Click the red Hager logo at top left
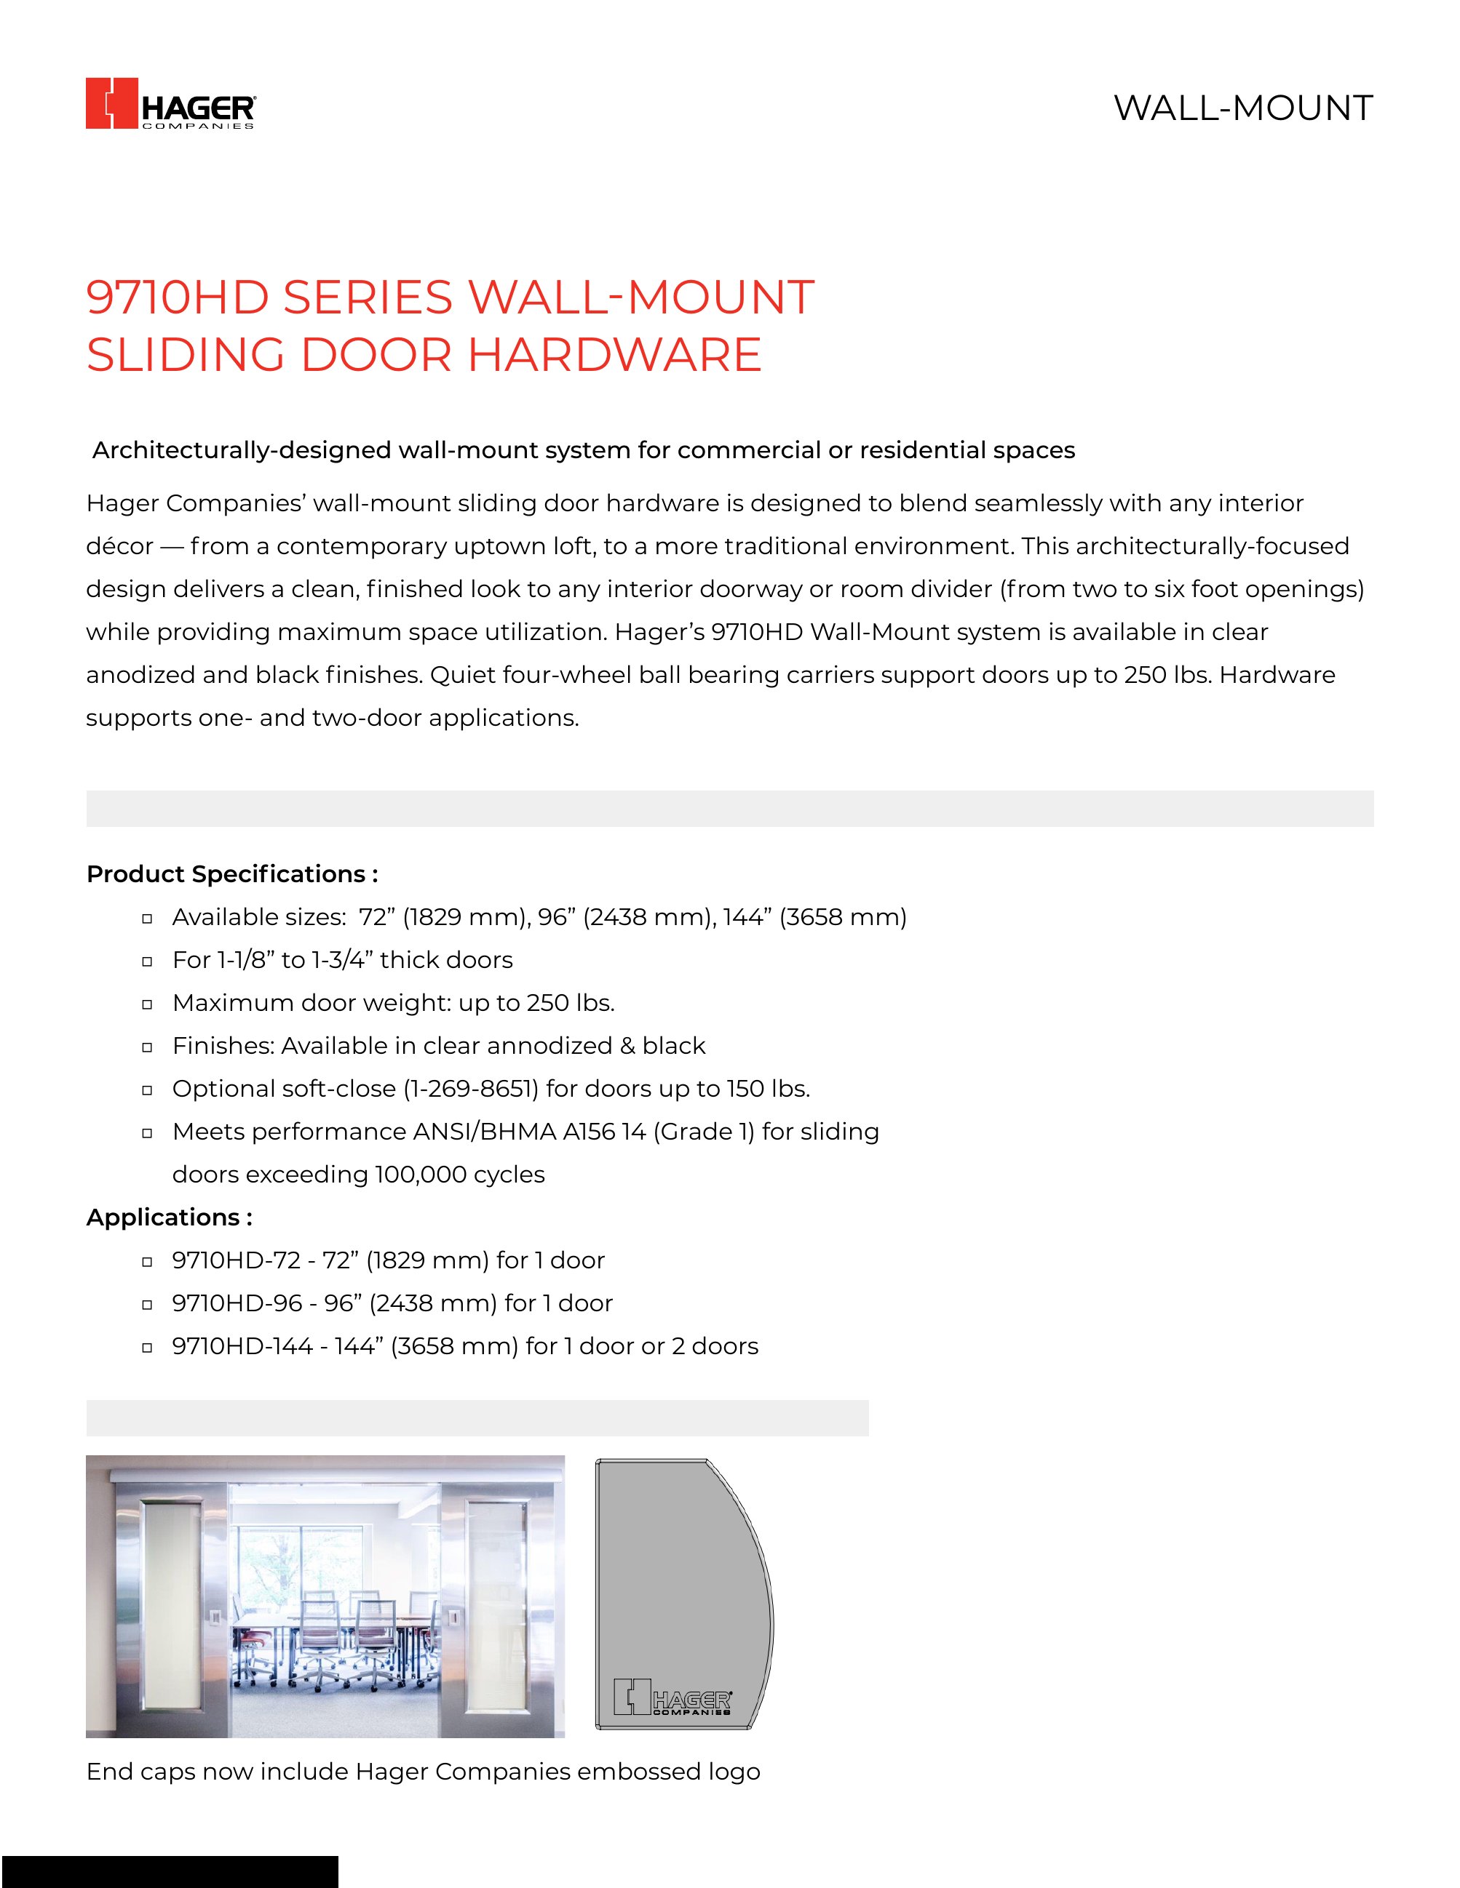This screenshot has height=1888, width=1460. pyautogui.click(x=170, y=104)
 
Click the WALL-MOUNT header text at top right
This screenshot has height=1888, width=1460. pyautogui.click(x=1242, y=108)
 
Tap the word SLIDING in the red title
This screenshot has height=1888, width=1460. pyautogui.click(x=185, y=354)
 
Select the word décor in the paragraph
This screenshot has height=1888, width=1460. pyautogui.click(x=119, y=546)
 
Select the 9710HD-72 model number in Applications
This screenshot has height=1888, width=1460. pyautogui.click(x=236, y=1260)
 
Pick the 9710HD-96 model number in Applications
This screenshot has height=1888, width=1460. pyautogui.click(x=237, y=1303)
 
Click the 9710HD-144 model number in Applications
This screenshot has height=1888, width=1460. pyautogui.click(x=242, y=1346)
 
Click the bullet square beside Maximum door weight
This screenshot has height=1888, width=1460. pyautogui.click(x=147, y=1004)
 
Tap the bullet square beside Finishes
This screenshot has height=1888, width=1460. pyautogui.click(x=147, y=1047)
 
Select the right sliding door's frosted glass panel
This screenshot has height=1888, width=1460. pyautogui.click(x=496, y=1608)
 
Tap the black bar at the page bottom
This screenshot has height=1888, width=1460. pyautogui.click(x=169, y=1871)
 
